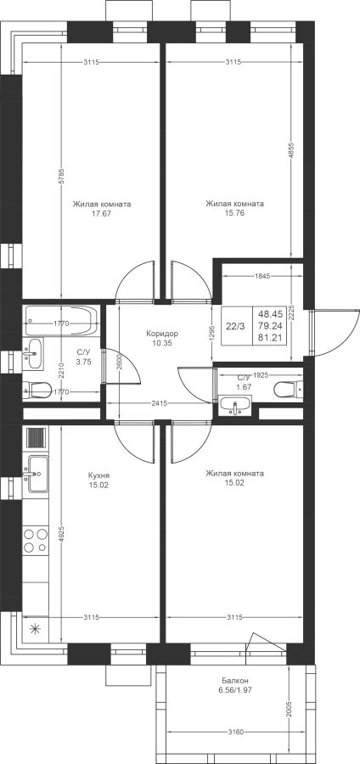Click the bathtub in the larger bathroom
tap(61, 321)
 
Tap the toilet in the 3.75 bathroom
tap(37, 389)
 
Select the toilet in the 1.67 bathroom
tap(289, 390)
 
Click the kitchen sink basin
tap(37, 473)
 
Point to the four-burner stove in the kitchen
tap(36, 541)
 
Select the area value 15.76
tap(234, 213)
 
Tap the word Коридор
tap(162, 334)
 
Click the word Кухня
tap(98, 475)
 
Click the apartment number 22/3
tap(236, 327)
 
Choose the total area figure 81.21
tap(272, 337)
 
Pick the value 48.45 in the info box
tap(272, 315)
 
